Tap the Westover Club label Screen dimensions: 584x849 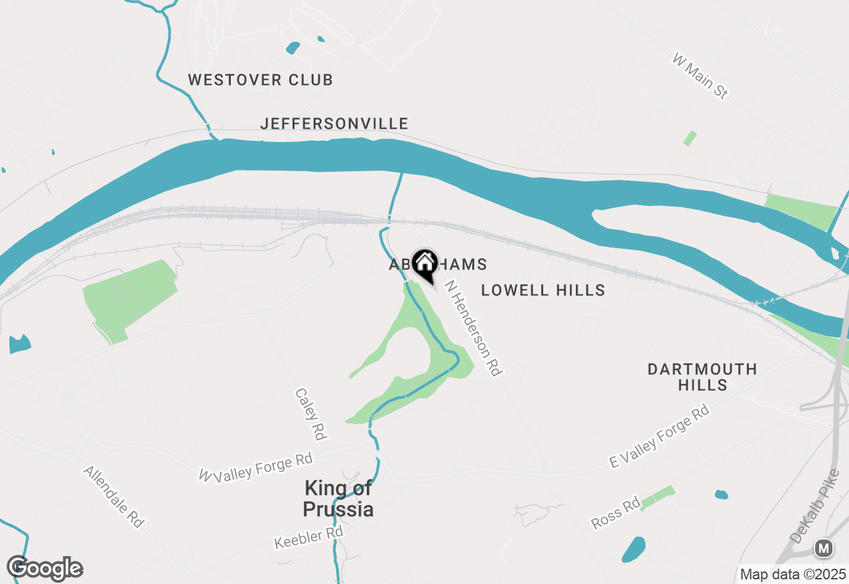(x=260, y=80)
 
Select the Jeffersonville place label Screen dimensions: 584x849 (x=334, y=123)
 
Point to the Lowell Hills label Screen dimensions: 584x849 (x=543, y=290)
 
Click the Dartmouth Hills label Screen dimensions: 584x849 (x=702, y=376)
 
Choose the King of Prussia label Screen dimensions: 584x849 (x=338, y=499)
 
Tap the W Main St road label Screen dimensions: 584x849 (x=700, y=77)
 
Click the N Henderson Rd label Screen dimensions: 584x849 (x=472, y=328)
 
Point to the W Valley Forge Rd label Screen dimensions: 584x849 (x=256, y=467)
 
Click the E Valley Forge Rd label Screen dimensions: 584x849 (x=659, y=438)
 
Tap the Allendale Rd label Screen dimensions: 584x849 (x=113, y=496)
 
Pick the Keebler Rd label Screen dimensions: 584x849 (x=308, y=538)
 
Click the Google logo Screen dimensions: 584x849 (x=45, y=569)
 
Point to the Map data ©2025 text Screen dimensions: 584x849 (x=793, y=573)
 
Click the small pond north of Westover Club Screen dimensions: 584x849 (x=293, y=48)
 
